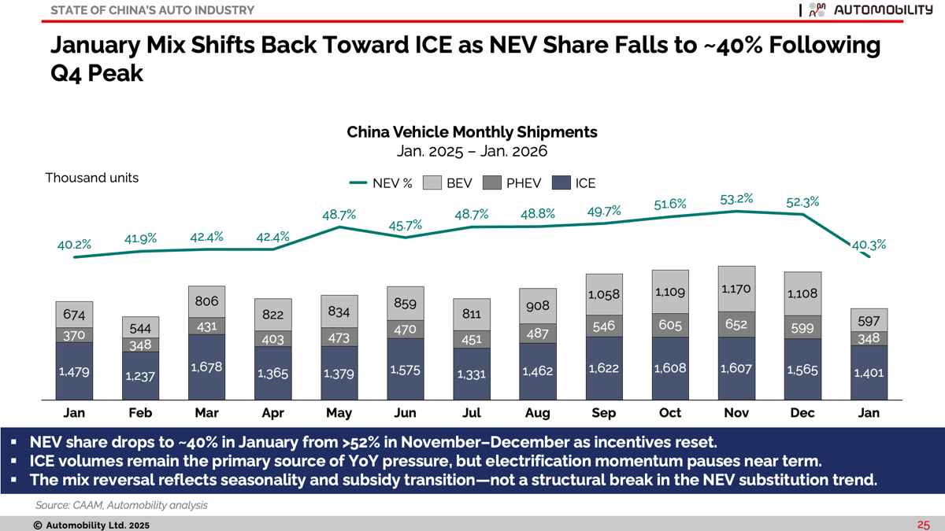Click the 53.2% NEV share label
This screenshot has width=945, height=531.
(736, 199)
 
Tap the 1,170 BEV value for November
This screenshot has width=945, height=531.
(736, 289)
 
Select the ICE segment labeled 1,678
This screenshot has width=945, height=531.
(206, 367)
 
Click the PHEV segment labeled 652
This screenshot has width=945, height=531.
(736, 324)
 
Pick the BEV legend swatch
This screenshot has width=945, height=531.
(432, 183)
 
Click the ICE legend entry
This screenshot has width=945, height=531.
(574, 183)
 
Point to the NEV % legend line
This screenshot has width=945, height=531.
(358, 183)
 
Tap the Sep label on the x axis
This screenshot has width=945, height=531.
(604, 412)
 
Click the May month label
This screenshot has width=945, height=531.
(339, 413)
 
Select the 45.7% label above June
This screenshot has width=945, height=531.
(405, 226)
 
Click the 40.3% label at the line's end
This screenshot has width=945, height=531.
(869, 245)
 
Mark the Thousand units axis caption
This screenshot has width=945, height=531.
(92, 178)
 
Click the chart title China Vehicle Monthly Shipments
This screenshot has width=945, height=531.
(472, 132)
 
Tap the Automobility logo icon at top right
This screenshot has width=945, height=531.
(817, 9)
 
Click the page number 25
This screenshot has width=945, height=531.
(923, 525)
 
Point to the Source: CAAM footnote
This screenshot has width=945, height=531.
(121, 505)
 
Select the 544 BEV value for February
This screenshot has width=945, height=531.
(140, 328)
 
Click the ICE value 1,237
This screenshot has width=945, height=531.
(140, 376)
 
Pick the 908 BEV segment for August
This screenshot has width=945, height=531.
(537, 306)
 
